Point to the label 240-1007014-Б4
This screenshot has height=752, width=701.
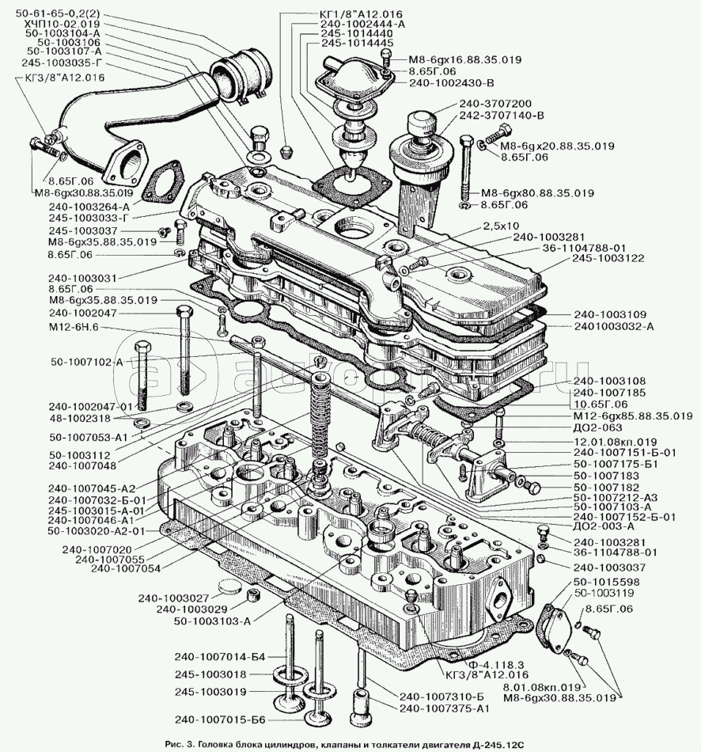pos(221,657)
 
